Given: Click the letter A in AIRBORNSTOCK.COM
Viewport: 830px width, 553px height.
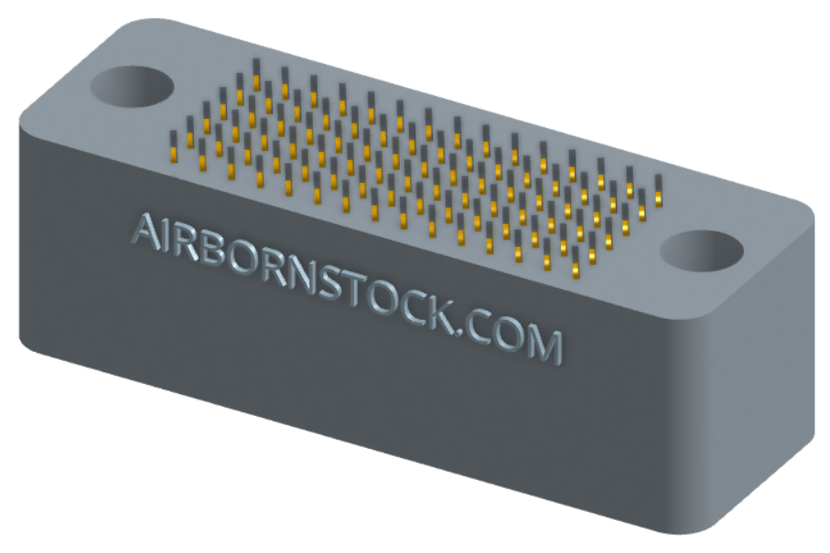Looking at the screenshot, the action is [x=146, y=231].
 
